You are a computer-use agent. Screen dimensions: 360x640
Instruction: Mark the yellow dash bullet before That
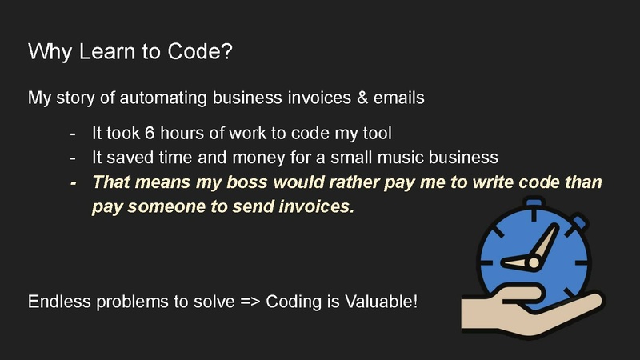[x=74, y=182]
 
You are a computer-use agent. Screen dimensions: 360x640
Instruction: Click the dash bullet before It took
[x=74, y=132]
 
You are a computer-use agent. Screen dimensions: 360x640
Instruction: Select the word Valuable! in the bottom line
[x=380, y=303]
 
